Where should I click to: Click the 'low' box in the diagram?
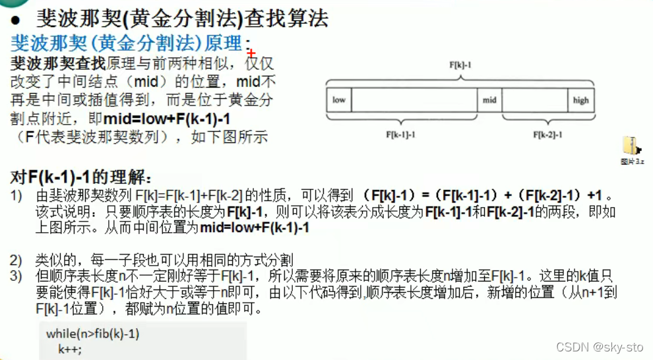tap(339, 100)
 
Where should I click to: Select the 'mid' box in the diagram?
tap(489, 100)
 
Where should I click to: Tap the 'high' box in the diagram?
tap(580, 100)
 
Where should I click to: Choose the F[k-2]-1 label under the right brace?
tap(547, 135)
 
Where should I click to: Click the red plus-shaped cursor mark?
tap(251, 53)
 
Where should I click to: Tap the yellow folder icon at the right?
tap(631, 146)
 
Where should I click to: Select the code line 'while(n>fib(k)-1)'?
tap(92, 334)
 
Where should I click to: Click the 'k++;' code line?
tap(70, 348)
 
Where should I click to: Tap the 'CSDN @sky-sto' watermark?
tap(599, 347)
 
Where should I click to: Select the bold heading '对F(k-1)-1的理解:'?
tap(82, 177)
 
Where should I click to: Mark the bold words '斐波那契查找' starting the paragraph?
tap(58, 65)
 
